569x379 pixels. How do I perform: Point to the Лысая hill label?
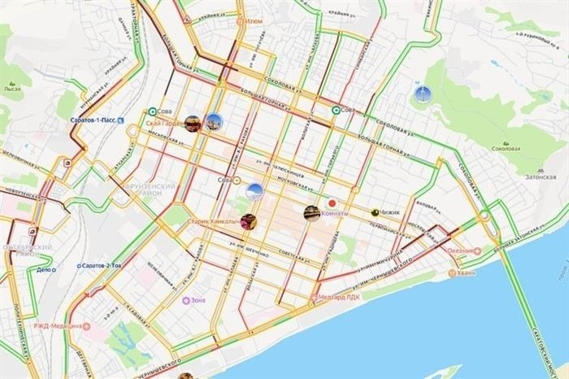[11, 87]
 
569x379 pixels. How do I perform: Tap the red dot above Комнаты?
[332, 203]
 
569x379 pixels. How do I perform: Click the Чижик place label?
[391, 212]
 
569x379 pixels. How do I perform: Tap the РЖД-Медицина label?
[58, 326]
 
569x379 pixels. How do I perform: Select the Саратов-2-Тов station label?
[102, 266]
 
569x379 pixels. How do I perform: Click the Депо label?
[46, 269]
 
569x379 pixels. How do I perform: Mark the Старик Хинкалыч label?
[213, 221]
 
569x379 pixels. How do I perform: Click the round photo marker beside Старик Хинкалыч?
[250, 220]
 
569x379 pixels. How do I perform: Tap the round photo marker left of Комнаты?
[311, 213]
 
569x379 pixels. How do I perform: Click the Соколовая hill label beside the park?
[506, 149]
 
